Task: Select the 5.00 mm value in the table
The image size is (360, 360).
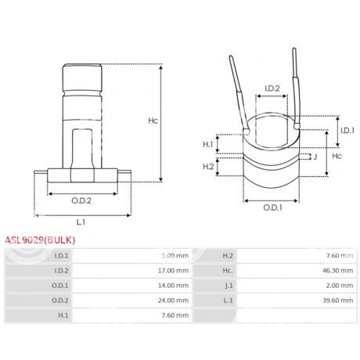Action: click(173, 255)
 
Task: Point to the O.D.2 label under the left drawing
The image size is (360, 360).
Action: click(81, 200)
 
